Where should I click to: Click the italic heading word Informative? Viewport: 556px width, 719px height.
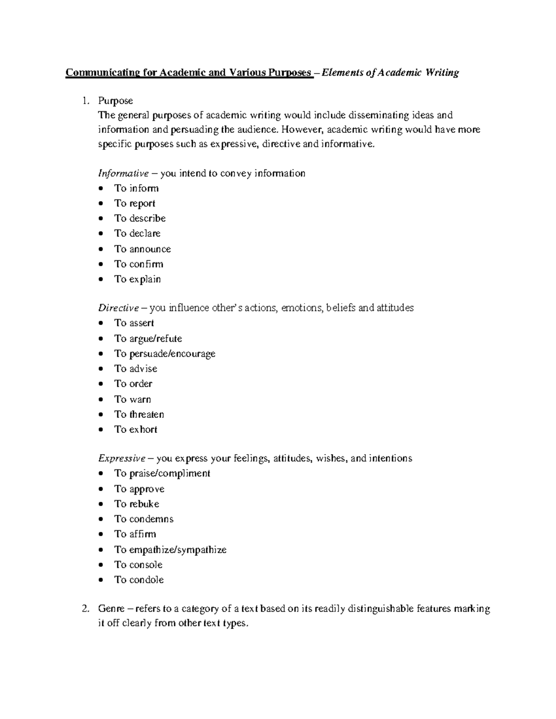pos(123,174)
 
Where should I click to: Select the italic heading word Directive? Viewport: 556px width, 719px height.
pos(119,308)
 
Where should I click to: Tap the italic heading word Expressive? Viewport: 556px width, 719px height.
pos(122,458)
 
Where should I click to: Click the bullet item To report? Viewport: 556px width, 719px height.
pos(135,204)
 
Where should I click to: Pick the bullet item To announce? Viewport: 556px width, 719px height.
pos(143,249)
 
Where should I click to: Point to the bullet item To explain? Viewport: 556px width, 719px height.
pos(138,279)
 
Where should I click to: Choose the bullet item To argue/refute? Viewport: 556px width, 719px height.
pos(148,338)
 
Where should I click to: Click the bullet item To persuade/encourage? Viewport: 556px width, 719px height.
pos(165,354)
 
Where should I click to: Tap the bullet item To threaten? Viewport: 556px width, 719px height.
pos(139,414)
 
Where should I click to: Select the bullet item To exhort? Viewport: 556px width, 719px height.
pos(136,430)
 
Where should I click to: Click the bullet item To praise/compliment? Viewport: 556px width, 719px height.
pos(162,473)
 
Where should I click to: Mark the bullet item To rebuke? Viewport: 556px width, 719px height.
pos(137,504)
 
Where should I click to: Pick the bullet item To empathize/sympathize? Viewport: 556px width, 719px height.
pos(171,550)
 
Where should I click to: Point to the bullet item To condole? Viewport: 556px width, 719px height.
pos(139,580)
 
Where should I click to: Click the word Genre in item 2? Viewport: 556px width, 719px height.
pos(111,609)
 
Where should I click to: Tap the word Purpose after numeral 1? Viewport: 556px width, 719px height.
pos(115,101)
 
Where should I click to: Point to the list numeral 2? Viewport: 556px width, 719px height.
pos(85,609)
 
